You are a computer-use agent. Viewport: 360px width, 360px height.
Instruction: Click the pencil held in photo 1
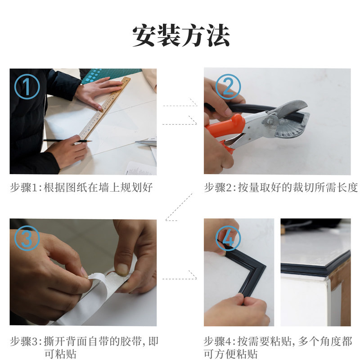[x=67, y=141]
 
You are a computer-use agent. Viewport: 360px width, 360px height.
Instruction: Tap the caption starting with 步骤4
[x=278, y=347]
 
